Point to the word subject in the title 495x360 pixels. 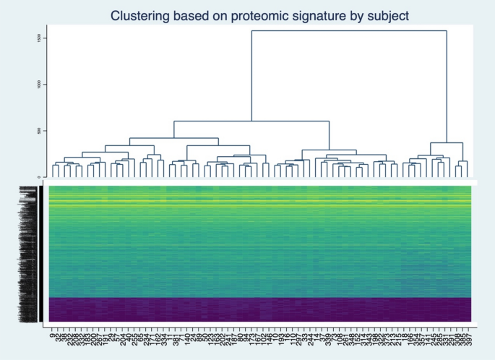click(390, 15)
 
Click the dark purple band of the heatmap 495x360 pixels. click(260, 309)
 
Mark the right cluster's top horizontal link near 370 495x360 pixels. click(447, 142)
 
